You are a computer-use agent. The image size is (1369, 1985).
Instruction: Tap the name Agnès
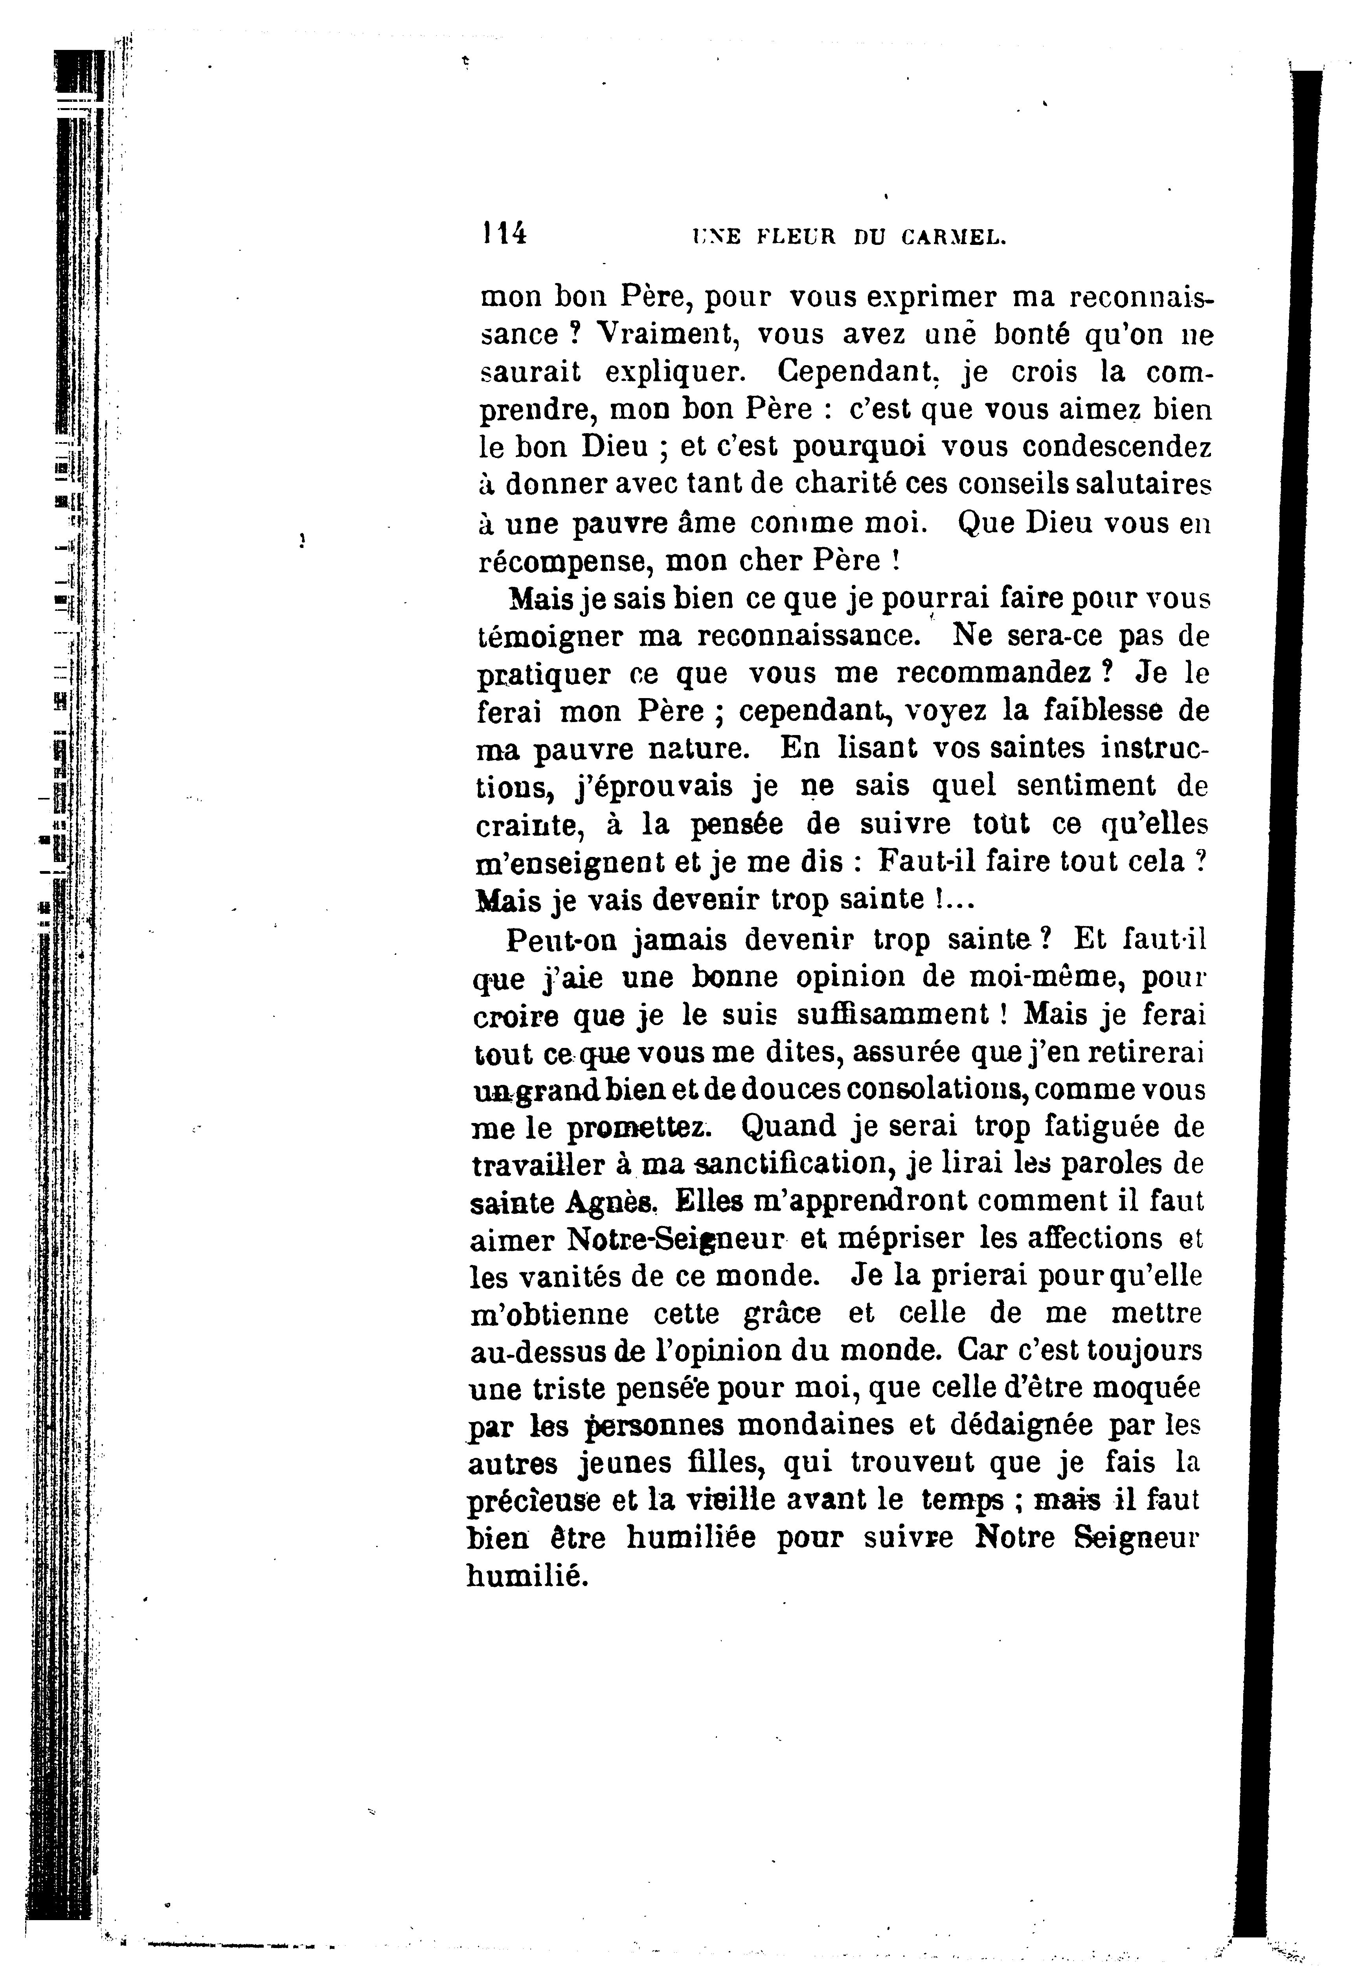point(612,1203)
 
